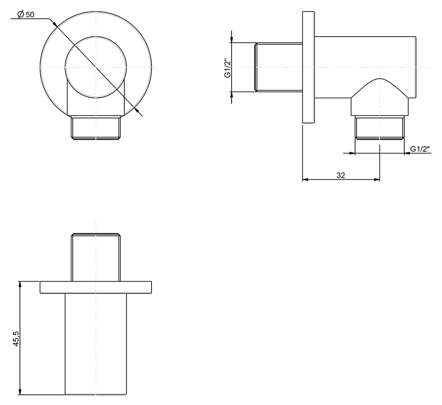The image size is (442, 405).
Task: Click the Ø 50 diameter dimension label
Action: (x=26, y=14)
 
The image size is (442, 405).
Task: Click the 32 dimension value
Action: (x=340, y=175)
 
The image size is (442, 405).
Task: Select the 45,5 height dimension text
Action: (x=16, y=338)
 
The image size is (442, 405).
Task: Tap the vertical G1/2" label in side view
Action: (x=227, y=68)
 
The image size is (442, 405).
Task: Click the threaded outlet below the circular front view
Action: (x=95, y=127)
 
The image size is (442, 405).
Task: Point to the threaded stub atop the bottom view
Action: (x=95, y=257)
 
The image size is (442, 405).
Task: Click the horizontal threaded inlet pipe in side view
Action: (x=279, y=67)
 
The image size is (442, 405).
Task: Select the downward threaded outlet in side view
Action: (x=380, y=127)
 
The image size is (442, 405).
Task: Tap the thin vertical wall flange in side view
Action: (x=308, y=67)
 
